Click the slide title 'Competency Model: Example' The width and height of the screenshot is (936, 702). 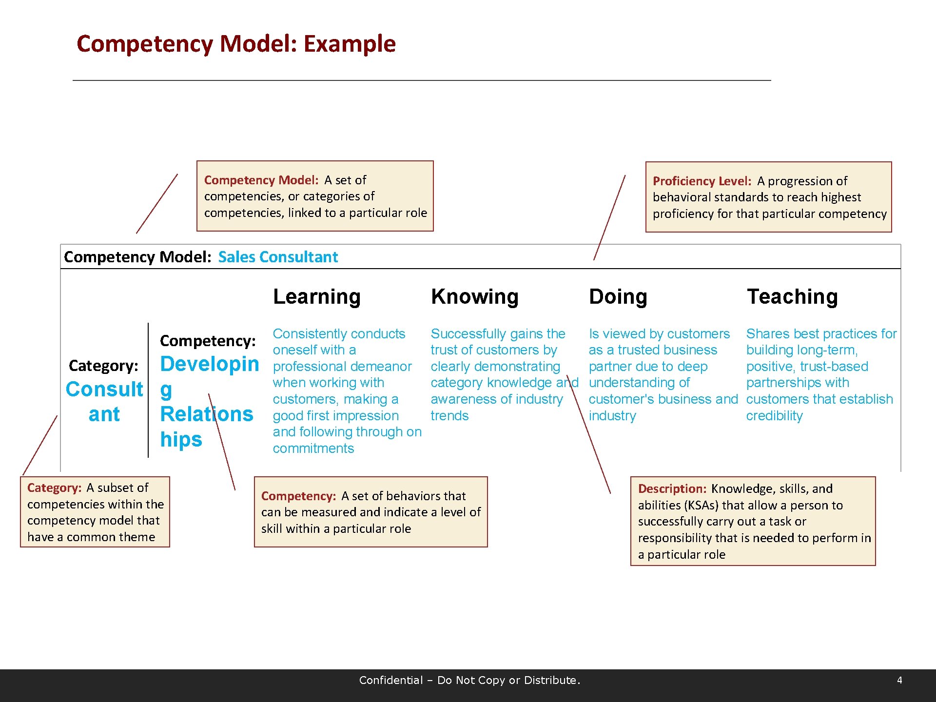(x=236, y=44)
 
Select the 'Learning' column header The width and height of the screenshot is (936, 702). (x=317, y=296)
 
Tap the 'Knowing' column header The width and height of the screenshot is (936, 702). (x=474, y=296)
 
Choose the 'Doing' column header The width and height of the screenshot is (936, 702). (x=618, y=296)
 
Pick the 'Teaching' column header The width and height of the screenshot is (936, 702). (x=792, y=296)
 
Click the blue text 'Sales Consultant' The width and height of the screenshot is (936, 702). (x=278, y=257)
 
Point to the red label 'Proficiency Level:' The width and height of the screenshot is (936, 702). (x=702, y=181)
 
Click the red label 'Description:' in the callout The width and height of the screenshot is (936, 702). (x=672, y=489)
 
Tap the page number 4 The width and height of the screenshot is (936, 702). (x=899, y=680)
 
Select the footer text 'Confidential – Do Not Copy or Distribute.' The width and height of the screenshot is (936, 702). (x=469, y=680)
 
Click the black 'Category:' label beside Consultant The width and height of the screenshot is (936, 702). (x=103, y=366)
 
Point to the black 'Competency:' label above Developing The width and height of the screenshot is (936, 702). (x=208, y=341)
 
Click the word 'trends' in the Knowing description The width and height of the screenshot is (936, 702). (x=449, y=416)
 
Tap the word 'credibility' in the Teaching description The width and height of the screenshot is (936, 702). (x=774, y=416)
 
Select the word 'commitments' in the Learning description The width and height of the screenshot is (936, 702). (x=313, y=448)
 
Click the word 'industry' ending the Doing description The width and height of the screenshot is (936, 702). (x=612, y=416)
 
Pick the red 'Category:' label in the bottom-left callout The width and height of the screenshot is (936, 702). (x=55, y=488)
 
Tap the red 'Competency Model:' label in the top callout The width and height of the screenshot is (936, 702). (x=261, y=180)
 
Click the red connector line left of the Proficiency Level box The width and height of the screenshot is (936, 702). (x=609, y=217)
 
